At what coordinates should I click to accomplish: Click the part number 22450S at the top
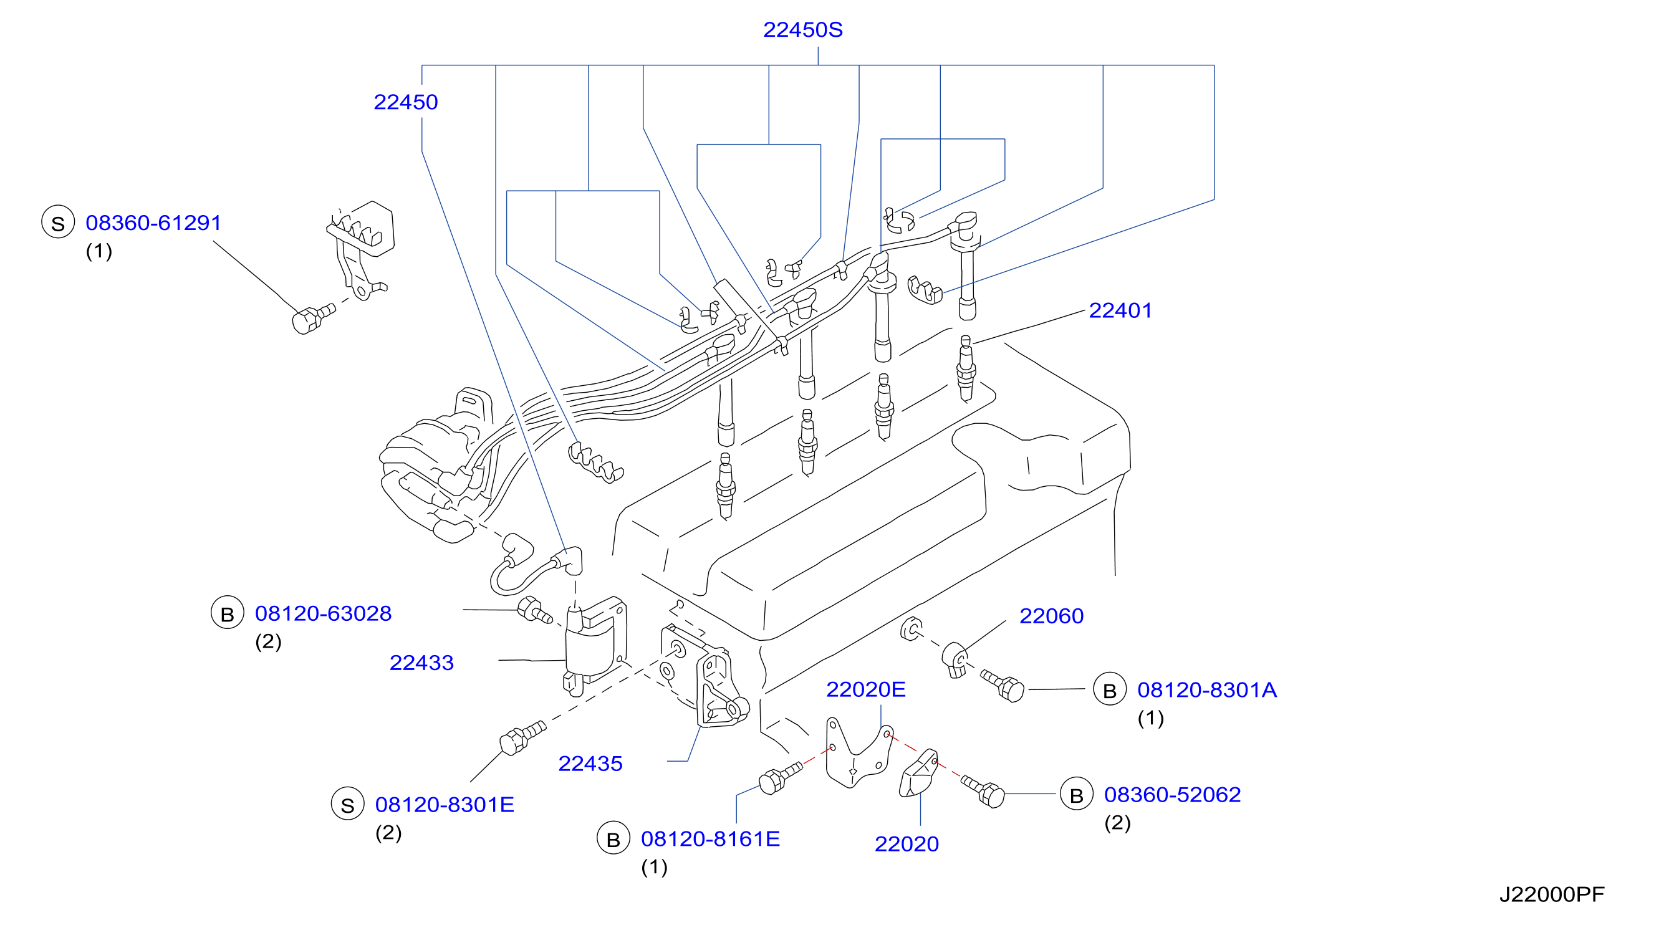pyautogui.click(x=803, y=30)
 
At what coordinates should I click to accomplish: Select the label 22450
pyautogui.click(x=406, y=102)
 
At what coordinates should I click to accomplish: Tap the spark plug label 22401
pyautogui.click(x=1120, y=311)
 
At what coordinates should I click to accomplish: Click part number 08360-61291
pyautogui.click(x=153, y=223)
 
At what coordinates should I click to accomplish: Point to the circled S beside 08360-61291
pyautogui.click(x=59, y=222)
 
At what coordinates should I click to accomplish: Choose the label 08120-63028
pyautogui.click(x=324, y=613)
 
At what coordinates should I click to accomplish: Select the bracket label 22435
pyautogui.click(x=590, y=764)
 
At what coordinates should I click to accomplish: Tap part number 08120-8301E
pyautogui.click(x=445, y=805)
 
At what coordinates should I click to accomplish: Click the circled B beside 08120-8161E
pyautogui.click(x=613, y=838)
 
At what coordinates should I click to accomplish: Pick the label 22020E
pyautogui.click(x=865, y=689)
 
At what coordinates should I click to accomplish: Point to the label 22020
pyautogui.click(x=907, y=844)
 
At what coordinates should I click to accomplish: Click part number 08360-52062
pyautogui.click(x=1173, y=795)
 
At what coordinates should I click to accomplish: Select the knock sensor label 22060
pyautogui.click(x=1052, y=616)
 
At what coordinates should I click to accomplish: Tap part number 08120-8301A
pyautogui.click(x=1207, y=690)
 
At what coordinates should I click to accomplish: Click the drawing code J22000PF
pyautogui.click(x=1552, y=894)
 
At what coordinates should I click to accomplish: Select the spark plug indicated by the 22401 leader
pyautogui.click(x=965, y=368)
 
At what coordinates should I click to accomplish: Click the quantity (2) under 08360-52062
pyautogui.click(x=1118, y=823)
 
